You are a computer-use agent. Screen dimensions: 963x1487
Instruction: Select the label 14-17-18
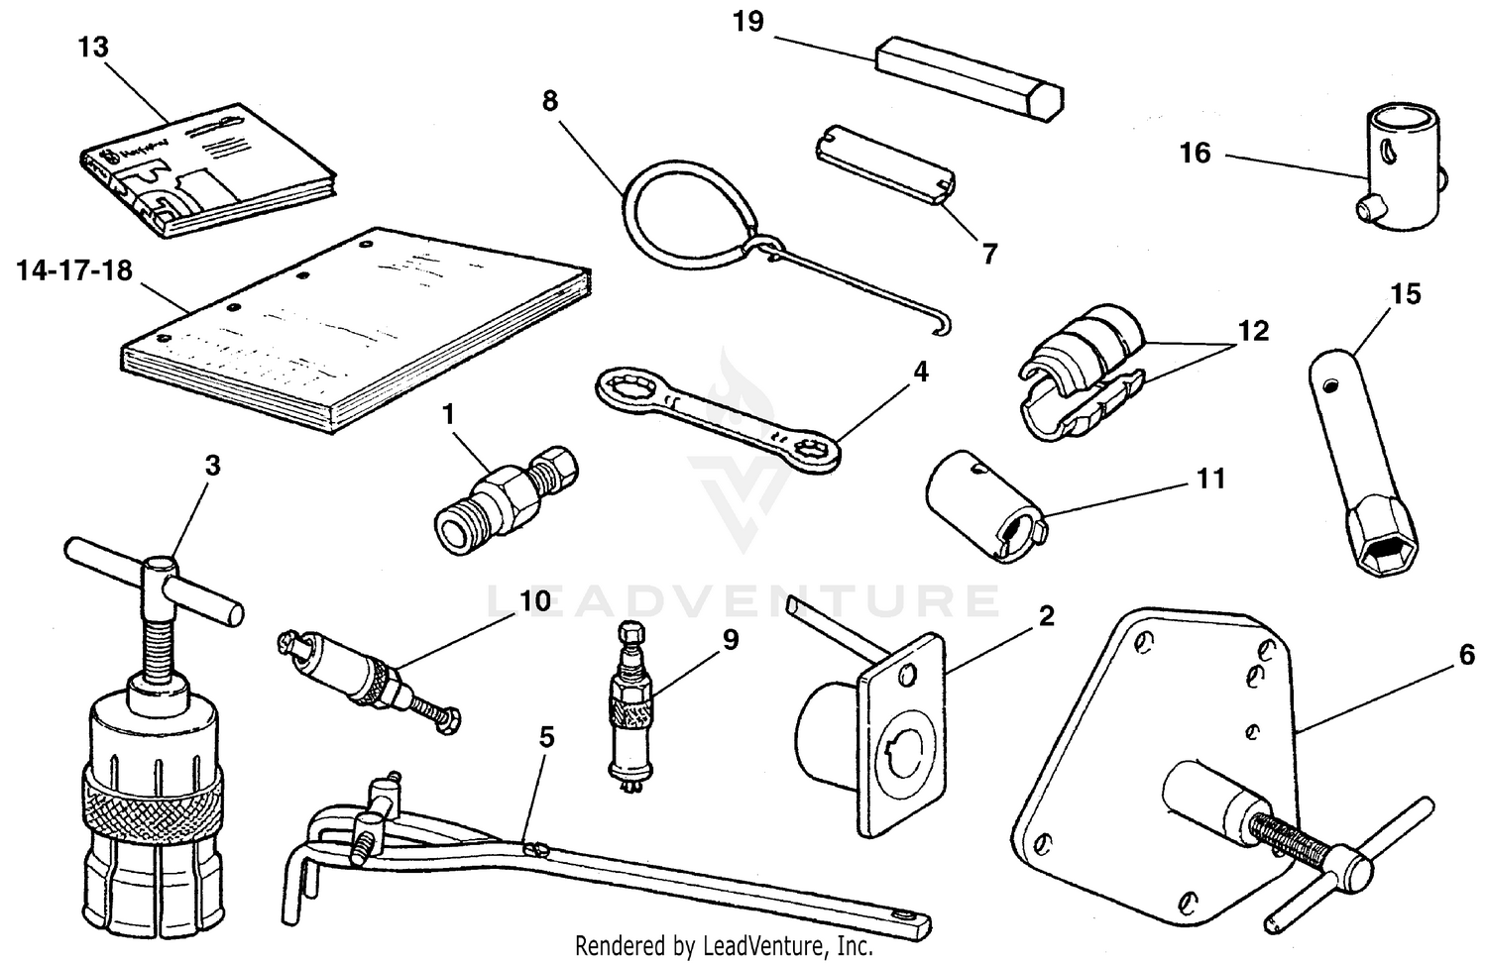pos(74,270)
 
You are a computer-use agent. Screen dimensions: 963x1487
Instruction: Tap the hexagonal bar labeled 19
pos(969,81)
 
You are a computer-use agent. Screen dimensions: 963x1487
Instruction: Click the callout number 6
pos(1465,655)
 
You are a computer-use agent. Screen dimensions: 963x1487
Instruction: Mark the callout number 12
pos(1252,330)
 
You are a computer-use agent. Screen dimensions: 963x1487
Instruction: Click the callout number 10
pos(534,601)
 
